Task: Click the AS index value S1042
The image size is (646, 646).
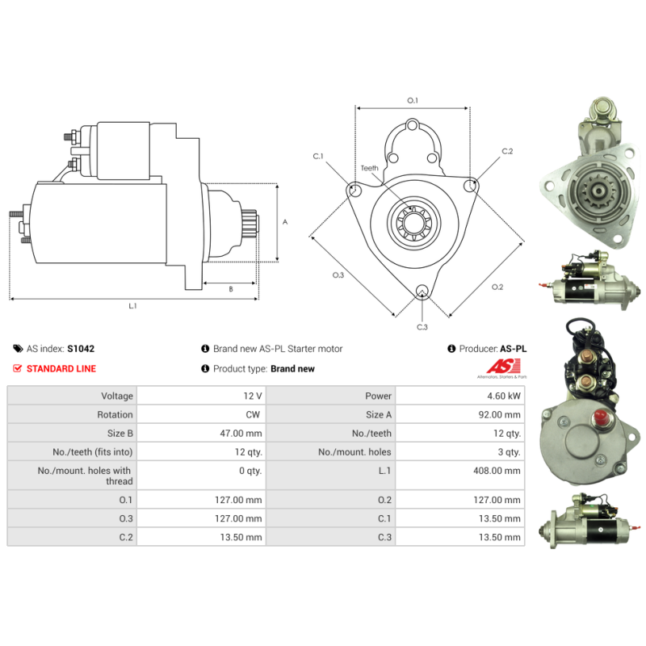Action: click(81, 349)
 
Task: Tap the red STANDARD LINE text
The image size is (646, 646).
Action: click(61, 369)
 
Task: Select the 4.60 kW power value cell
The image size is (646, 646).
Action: click(504, 396)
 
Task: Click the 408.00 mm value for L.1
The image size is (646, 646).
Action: click(497, 471)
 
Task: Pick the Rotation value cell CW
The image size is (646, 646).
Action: click(253, 414)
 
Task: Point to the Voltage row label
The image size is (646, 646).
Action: click(117, 396)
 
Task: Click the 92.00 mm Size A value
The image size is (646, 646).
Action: click(499, 414)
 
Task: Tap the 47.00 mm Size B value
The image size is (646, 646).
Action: click(241, 434)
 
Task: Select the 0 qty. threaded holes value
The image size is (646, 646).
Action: click(250, 471)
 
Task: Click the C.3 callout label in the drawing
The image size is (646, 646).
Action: click(422, 327)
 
